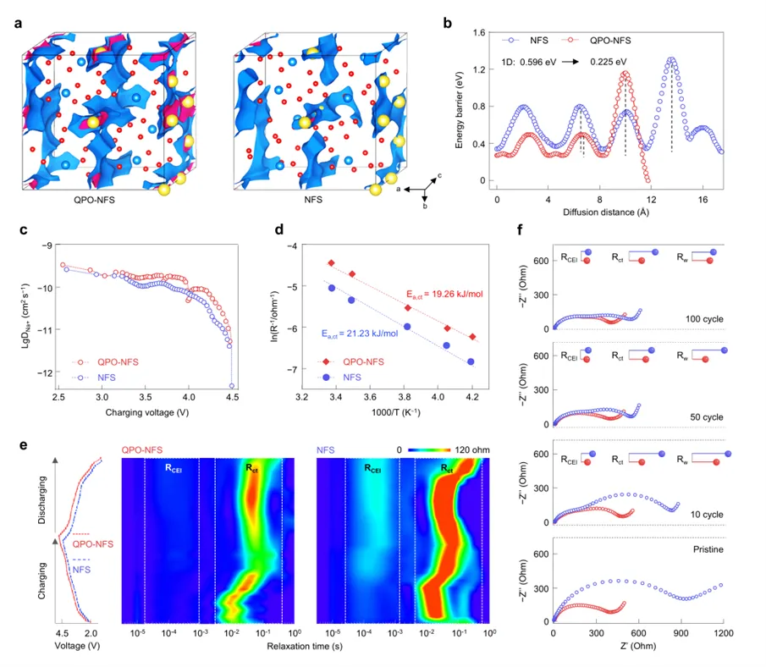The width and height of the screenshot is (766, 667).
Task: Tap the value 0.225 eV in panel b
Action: [x=609, y=61]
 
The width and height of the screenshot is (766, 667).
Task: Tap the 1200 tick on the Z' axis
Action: [x=723, y=631]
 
